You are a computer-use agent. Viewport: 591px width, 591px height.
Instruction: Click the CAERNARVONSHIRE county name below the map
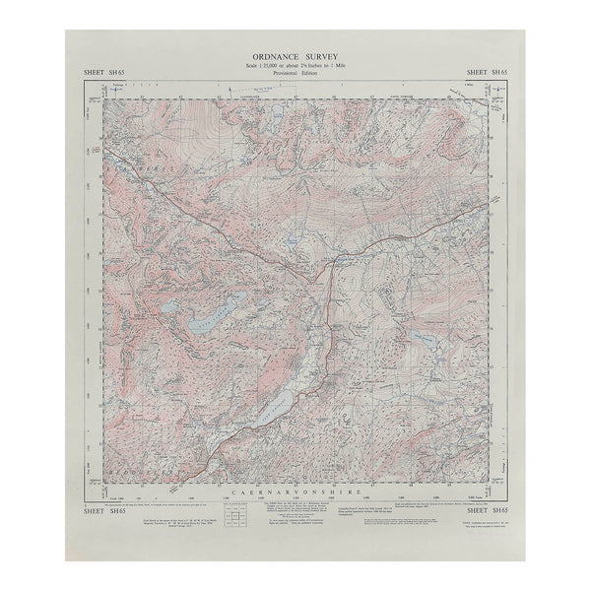295,489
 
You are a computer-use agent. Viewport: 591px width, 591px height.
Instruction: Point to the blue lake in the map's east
427,339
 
